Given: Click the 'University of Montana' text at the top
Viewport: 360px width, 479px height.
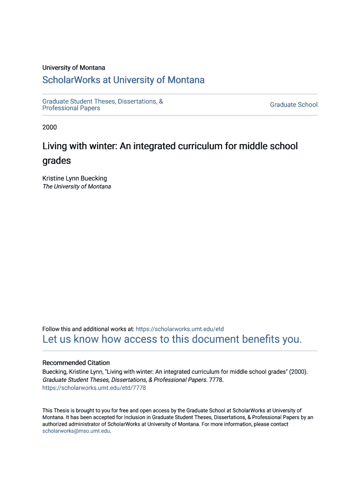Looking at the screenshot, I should point(74,68).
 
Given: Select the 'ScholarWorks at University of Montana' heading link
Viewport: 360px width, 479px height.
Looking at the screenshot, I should point(123,80).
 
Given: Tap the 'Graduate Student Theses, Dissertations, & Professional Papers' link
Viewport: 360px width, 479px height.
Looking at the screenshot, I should point(102,105).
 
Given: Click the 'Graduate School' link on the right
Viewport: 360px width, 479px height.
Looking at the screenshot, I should point(294,105).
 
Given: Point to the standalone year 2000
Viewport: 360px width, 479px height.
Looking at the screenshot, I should point(50,127).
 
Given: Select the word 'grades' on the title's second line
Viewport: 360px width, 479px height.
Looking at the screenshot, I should point(57,160).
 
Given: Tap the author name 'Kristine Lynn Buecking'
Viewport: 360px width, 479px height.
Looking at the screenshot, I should point(75,178).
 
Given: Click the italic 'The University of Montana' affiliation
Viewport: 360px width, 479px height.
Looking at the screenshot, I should point(77,187).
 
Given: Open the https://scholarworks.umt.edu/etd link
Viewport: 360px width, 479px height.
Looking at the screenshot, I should point(180,329).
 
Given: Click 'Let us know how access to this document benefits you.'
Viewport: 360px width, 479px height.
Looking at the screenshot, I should point(172,339).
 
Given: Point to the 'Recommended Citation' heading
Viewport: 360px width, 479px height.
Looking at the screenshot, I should point(76,363).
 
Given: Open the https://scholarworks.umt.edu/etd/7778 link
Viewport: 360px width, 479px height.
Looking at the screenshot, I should point(94,388).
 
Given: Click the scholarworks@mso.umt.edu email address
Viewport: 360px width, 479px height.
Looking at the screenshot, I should point(76,431).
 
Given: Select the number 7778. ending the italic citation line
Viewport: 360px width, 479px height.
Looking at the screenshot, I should point(216,380).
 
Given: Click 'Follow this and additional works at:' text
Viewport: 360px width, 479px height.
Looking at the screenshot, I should point(88,329).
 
